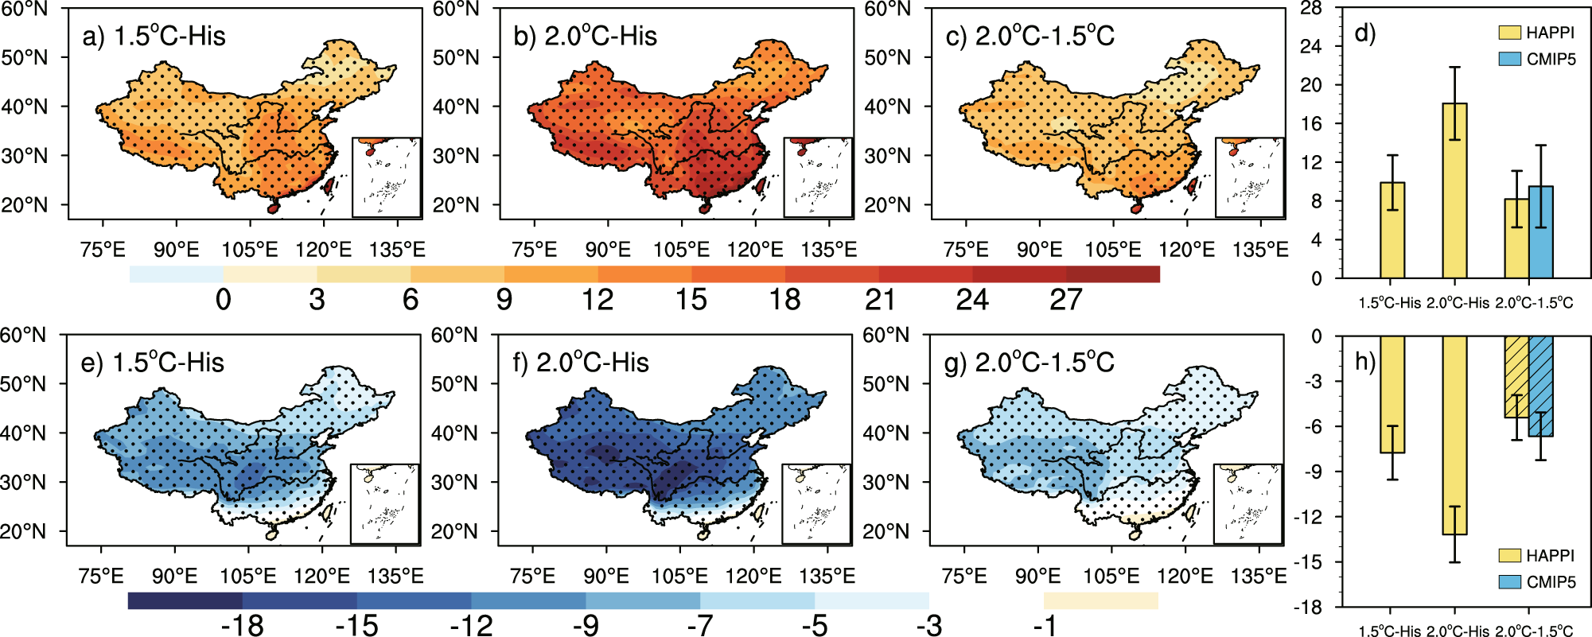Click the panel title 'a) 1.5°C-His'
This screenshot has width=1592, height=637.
point(154,37)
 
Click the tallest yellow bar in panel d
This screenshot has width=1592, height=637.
point(1454,191)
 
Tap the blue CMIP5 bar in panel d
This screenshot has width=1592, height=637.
point(1540,232)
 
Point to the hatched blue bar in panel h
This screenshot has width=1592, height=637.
point(1540,386)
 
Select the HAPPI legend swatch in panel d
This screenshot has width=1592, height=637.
point(1509,33)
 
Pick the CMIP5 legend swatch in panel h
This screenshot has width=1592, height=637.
point(1509,582)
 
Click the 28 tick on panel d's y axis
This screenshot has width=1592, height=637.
point(1310,8)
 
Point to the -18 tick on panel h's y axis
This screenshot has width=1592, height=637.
point(1306,608)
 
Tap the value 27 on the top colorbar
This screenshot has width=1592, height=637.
point(1065,301)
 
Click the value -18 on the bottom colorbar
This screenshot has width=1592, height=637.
point(242,627)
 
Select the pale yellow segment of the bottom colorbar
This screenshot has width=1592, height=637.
point(1100,600)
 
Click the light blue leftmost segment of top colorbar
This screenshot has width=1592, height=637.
point(176,274)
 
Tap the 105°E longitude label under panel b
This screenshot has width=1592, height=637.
point(681,250)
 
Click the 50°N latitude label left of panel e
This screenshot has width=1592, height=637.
point(24,384)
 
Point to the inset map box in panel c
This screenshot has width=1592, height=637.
point(1249,177)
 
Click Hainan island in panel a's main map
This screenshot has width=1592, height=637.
point(273,207)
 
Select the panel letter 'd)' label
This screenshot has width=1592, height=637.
point(1364,33)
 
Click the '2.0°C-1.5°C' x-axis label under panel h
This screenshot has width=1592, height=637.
point(1533,631)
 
